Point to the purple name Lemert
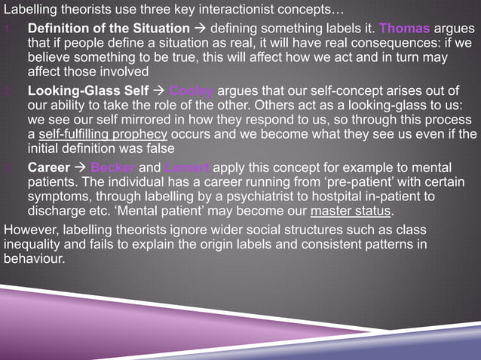pos(186,167)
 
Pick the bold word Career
pos(50,167)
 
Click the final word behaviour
pos(35,258)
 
